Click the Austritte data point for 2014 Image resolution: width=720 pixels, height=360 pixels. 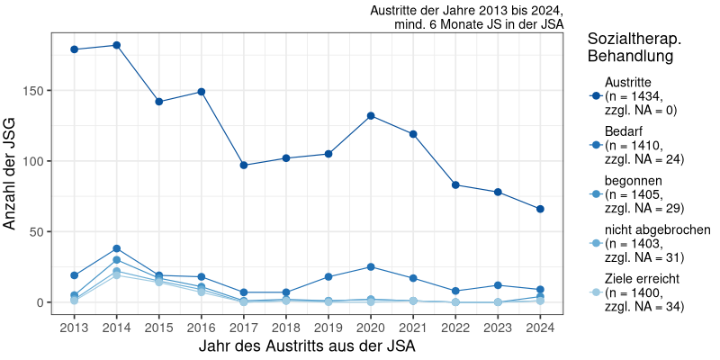117,45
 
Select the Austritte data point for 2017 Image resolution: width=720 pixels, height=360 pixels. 244,165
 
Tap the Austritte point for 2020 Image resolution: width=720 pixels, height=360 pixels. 371,116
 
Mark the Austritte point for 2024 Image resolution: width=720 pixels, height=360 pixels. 540,209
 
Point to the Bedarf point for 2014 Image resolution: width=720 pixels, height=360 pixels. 117,248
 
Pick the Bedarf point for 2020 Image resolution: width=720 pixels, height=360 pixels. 371,266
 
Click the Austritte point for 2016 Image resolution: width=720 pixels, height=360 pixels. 202,92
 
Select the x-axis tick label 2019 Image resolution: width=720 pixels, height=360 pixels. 328,327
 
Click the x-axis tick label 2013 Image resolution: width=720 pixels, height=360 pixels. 75,327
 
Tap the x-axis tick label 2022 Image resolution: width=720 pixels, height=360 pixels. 455,327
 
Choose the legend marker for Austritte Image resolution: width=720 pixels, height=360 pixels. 595,96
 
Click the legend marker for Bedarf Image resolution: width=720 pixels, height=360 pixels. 595,145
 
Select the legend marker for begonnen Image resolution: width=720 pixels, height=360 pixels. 595,194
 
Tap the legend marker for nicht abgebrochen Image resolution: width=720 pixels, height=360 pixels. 595,243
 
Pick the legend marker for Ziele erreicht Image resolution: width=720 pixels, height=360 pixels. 595,292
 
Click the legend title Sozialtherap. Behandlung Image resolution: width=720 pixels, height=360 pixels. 634,48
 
